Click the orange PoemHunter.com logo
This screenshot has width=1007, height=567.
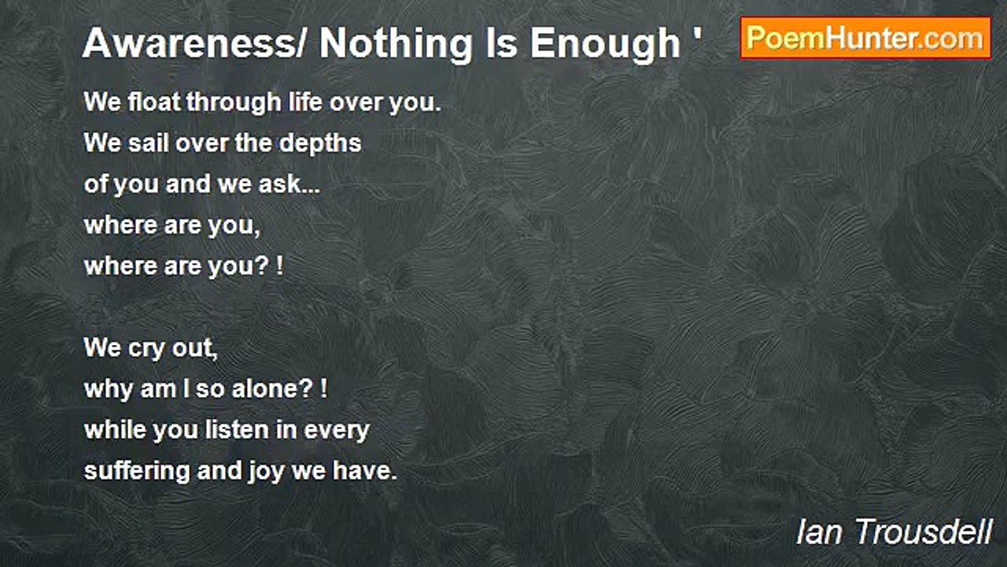click(865, 39)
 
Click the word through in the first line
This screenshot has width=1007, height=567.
click(234, 103)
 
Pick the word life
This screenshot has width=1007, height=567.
click(306, 102)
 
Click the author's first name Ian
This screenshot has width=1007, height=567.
click(819, 532)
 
